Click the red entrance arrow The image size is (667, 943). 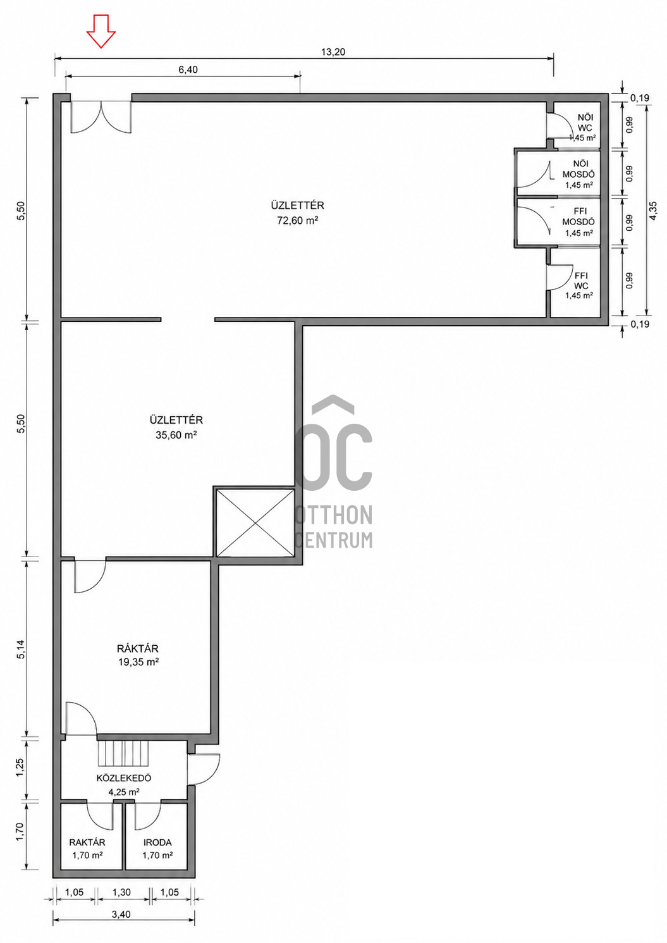[101, 31]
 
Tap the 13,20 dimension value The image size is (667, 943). [333, 52]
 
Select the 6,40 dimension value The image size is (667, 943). [188, 70]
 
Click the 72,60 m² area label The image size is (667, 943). [297, 220]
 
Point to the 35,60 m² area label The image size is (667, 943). [176, 435]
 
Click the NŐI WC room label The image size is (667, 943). [585, 123]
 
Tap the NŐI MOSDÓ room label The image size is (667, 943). [578, 169]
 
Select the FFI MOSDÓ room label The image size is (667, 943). [578, 217]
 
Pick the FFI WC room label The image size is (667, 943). [581, 281]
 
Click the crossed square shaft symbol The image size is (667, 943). [255, 522]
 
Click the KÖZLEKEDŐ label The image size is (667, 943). [124, 778]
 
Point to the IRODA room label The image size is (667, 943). [157, 842]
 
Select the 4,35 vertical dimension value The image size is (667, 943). [652, 211]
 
